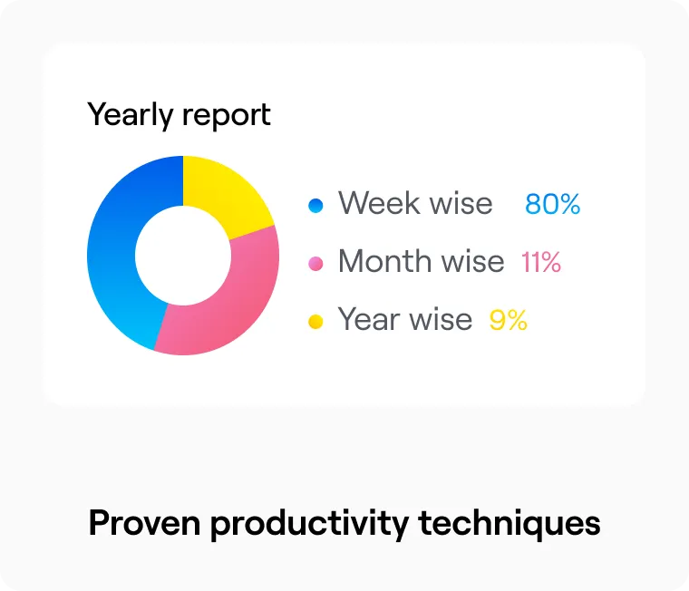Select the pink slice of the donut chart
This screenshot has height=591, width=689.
(236, 299)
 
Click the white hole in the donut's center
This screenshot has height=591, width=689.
(183, 255)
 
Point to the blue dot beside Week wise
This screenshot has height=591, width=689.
(315, 206)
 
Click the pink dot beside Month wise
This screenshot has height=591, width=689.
(315, 264)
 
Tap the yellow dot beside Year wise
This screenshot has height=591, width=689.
(315, 322)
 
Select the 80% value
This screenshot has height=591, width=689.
(552, 205)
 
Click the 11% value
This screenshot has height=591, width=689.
(540, 263)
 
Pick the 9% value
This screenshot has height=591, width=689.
(508, 321)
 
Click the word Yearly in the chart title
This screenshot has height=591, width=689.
(130, 116)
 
